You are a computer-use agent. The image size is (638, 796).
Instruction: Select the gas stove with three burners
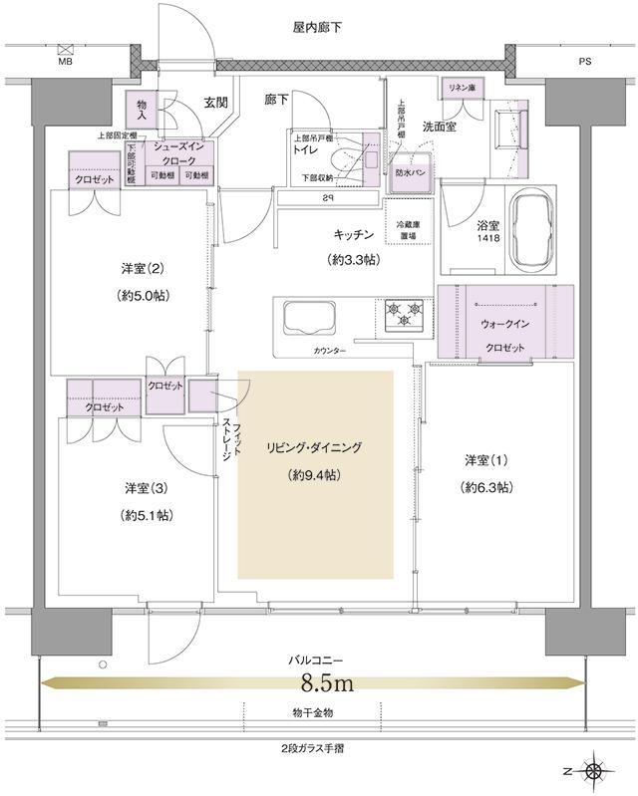pos(403,316)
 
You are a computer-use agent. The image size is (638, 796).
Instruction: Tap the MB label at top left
pos(66,61)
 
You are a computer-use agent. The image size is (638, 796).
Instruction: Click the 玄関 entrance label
pos(216,102)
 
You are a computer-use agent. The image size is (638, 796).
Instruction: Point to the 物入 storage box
pos(142,110)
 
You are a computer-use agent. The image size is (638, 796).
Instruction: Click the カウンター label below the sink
pos(330,352)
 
